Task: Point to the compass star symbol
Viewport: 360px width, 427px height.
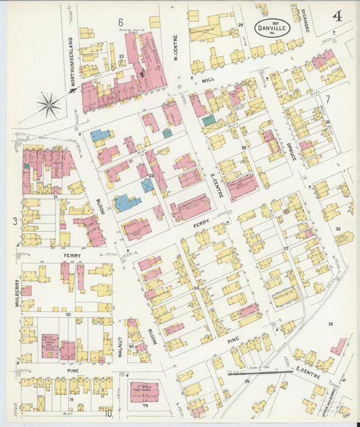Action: pyautogui.click(x=49, y=104)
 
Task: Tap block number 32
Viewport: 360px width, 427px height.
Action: pyautogui.click(x=338, y=229)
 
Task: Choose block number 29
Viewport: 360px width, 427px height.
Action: pyautogui.click(x=240, y=25)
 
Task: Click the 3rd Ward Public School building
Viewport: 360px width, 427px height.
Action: pyautogui.click(x=144, y=391)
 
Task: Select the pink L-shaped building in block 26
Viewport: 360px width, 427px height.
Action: pyautogui.click(x=338, y=345)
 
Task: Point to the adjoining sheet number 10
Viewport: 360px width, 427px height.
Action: pyautogui.click(x=108, y=413)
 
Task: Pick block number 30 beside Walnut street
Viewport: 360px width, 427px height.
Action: pyautogui.click(x=132, y=347)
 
